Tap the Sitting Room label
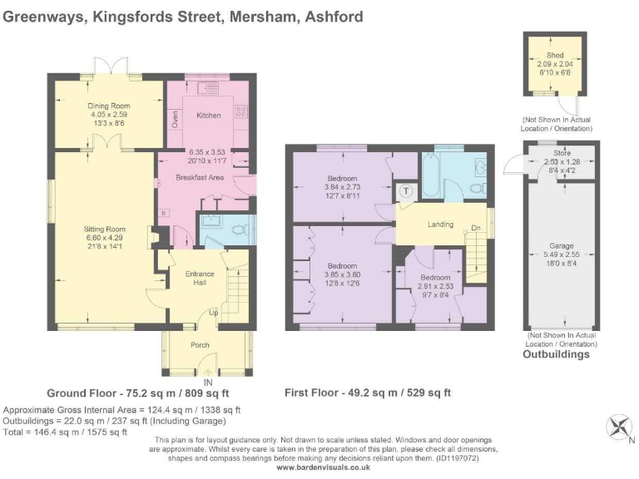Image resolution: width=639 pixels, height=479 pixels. tap(104, 229)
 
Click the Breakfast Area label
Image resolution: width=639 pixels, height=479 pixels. tap(199, 177)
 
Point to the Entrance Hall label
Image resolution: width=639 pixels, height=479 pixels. tap(200, 278)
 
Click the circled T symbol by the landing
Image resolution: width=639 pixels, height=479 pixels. tap(406, 190)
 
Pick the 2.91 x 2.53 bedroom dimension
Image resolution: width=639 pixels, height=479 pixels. tap(435, 285)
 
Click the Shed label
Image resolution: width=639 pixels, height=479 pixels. tap(556, 56)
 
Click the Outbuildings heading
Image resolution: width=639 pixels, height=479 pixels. tap(556, 354)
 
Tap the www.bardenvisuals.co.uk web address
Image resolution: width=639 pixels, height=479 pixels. tap(322, 467)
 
